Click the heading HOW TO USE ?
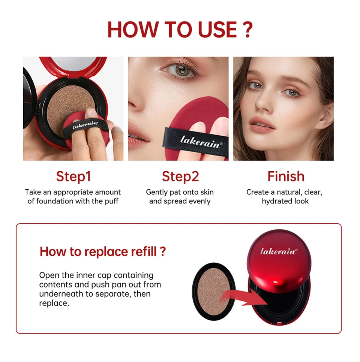[180, 30]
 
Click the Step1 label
[73, 177]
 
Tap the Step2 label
[180, 177]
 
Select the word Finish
[286, 177]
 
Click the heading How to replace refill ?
[103, 251]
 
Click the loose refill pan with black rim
[213, 291]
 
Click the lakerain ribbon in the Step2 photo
[196, 141]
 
